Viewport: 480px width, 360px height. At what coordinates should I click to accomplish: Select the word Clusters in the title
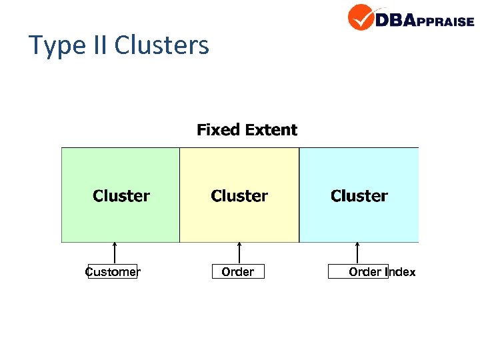(161, 45)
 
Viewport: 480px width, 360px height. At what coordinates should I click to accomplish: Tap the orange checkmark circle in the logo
(361, 17)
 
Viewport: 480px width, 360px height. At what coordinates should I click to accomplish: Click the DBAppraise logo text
(424, 20)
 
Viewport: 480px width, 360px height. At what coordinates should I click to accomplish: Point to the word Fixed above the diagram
(217, 129)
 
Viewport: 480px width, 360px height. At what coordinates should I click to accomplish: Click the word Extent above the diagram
(271, 129)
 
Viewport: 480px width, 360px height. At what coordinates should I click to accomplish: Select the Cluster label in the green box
(121, 196)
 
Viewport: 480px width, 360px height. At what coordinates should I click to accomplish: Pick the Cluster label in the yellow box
(239, 196)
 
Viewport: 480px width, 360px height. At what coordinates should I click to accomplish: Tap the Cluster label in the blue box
(359, 196)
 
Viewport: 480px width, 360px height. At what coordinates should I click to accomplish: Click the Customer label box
(113, 271)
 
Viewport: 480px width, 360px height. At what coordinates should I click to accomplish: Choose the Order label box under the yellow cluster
(238, 271)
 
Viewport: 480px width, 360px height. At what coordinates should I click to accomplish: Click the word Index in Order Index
(400, 272)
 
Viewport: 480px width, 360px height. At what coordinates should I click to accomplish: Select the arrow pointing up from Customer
(115, 253)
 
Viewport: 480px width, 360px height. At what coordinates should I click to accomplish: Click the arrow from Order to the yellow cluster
(239, 253)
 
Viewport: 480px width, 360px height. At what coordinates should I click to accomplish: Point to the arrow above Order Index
(357, 253)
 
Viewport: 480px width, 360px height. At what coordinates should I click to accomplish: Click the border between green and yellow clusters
(180, 195)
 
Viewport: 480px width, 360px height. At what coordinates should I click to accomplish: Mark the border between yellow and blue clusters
(299, 195)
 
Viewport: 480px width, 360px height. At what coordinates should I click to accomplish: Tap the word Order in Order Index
(365, 272)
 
